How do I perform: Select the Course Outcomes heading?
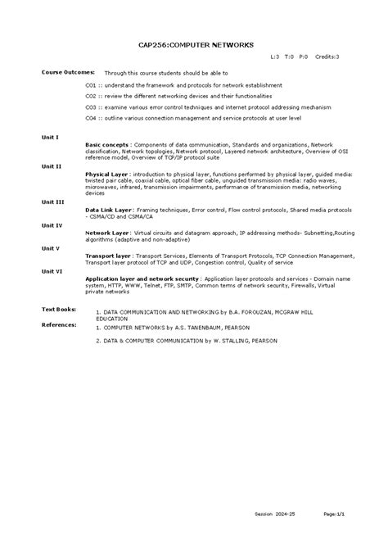point(68,72)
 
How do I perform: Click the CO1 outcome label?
point(91,84)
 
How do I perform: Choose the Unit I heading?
point(51,137)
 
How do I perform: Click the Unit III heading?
point(53,202)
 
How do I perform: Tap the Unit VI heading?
point(52,270)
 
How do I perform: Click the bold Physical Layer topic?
point(106,174)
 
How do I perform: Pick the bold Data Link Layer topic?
point(110,209)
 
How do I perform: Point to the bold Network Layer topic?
point(107,233)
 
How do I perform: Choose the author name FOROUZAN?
point(252,312)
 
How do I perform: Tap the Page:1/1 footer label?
point(335,514)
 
